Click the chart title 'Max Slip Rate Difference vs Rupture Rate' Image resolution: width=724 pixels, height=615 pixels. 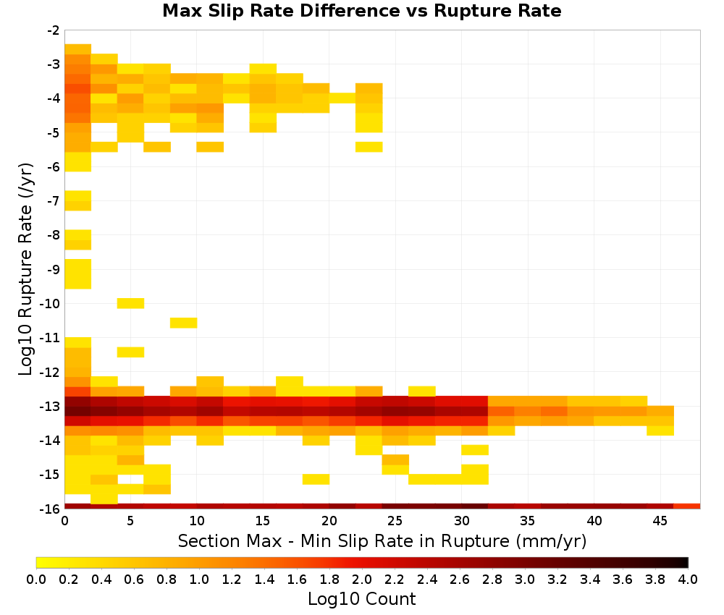[361, 11]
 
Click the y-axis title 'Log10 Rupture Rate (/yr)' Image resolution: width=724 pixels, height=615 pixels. [25, 269]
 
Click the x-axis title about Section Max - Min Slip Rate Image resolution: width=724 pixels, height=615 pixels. [382, 540]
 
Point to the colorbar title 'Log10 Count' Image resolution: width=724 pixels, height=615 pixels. [361, 599]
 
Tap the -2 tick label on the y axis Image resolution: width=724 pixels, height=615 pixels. [54, 30]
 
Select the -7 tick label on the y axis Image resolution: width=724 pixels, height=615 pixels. [54, 200]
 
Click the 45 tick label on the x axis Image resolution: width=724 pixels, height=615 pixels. [660, 521]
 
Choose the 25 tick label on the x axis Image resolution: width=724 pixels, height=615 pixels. [395, 521]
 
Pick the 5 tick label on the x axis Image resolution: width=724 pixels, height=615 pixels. [130, 521]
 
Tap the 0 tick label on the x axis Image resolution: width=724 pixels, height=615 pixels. [64, 521]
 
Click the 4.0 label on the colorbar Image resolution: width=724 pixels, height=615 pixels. [688, 579]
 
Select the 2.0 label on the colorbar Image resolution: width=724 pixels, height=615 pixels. [362, 579]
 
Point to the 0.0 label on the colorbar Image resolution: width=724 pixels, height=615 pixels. [36, 579]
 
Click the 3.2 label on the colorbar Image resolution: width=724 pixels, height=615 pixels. [557, 579]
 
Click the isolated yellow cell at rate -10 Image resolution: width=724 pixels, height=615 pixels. [130, 303]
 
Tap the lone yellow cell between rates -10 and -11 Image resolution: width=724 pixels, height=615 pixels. [184, 323]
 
